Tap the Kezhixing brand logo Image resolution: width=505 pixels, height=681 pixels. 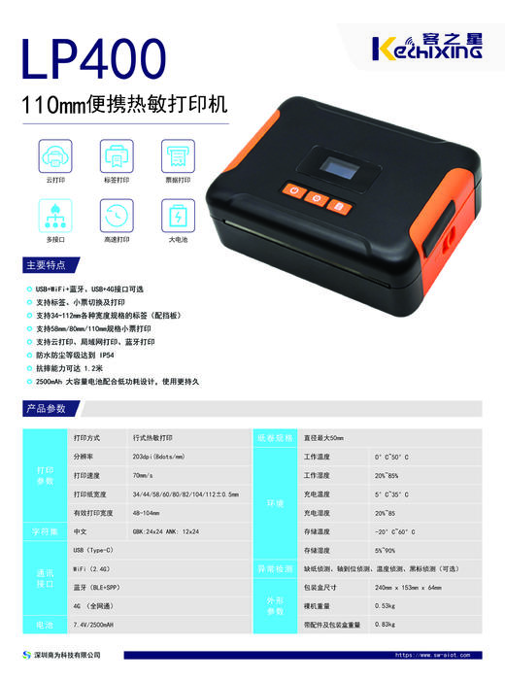(427, 45)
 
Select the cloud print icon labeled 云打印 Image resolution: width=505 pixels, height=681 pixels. (54, 155)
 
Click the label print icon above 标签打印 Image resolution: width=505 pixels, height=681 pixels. (117, 155)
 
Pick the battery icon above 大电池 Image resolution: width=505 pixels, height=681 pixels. (179, 214)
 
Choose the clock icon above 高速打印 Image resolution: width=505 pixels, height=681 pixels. (117, 214)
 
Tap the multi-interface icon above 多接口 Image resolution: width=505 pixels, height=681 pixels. (54, 214)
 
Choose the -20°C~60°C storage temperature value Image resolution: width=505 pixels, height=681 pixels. (394, 531)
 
